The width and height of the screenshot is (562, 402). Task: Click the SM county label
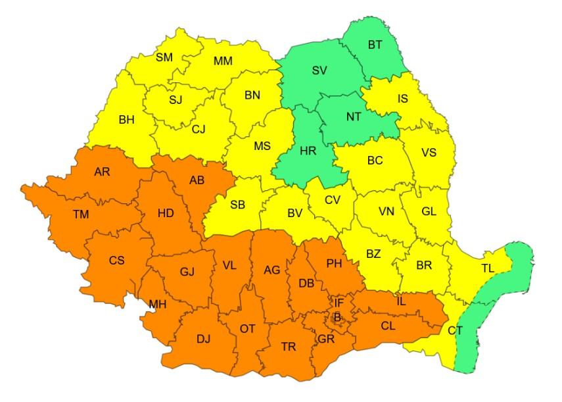(164, 57)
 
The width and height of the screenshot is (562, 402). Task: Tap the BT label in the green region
(375, 45)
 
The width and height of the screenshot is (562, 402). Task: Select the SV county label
(320, 70)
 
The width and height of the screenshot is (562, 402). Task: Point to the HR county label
(308, 151)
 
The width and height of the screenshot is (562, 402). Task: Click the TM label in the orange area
(81, 214)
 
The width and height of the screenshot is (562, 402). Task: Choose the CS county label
(116, 261)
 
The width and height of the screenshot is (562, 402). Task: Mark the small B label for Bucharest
(337, 316)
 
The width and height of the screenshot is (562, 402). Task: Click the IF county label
(339, 303)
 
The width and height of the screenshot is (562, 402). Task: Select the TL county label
(488, 268)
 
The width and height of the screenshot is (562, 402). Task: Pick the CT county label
(456, 330)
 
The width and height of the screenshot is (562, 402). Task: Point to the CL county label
(388, 324)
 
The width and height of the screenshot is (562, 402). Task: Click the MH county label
(158, 305)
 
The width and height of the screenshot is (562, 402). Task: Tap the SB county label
(237, 205)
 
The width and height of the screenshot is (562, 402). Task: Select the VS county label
(429, 153)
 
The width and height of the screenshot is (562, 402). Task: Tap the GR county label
(325, 339)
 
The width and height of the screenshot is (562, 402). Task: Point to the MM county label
(223, 61)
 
